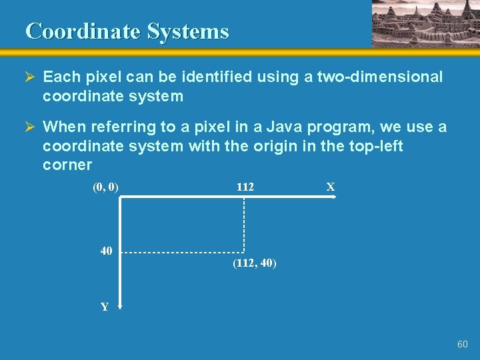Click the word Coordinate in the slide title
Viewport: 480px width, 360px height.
point(83,31)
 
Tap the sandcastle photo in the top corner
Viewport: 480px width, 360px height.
point(425,23)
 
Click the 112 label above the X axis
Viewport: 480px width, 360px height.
point(245,187)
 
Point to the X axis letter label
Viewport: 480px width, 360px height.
point(330,187)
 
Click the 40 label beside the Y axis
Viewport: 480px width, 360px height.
point(106,251)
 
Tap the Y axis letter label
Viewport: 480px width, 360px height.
point(105,307)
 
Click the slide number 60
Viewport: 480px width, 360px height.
point(463,344)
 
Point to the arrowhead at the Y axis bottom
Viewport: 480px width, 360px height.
point(120,306)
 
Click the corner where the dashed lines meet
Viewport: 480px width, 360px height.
point(244,253)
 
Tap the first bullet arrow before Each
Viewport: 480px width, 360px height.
point(31,77)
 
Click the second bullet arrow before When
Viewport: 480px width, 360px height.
point(31,127)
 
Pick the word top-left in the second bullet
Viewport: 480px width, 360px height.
point(376,146)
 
